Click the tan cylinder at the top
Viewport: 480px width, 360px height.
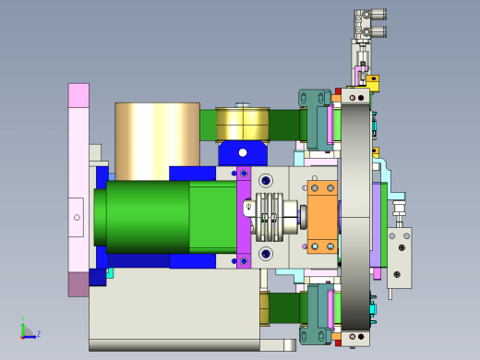[x=157, y=141]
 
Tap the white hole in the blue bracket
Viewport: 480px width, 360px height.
[x=243, y=152]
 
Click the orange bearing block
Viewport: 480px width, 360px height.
[x=322, y=217]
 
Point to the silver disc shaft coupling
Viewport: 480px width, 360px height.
[x=270, y=217]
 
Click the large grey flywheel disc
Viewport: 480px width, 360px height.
[x=355, y=217]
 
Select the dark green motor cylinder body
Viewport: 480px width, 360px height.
[x=148, y=217]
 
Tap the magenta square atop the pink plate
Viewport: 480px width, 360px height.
[x=78, y=95]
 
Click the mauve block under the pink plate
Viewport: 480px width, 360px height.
[x=78, y=284]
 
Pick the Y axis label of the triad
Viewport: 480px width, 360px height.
[x=23, y=318]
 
